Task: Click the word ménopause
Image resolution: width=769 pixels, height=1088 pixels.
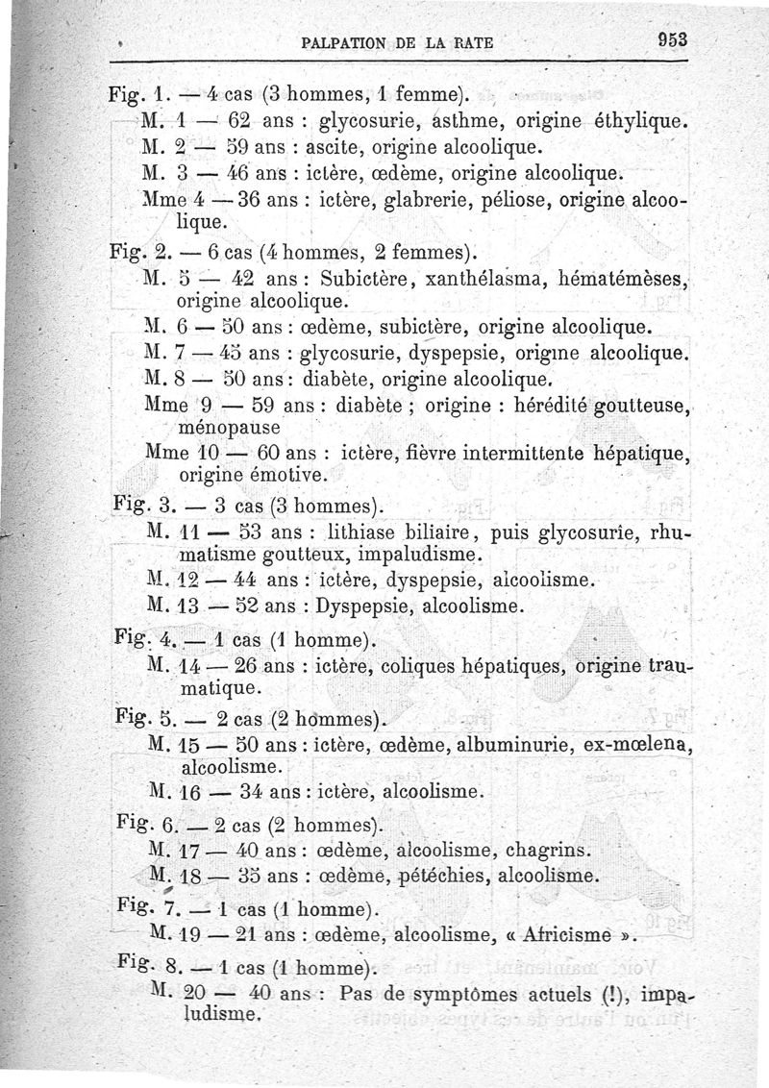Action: tap(229, 426)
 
